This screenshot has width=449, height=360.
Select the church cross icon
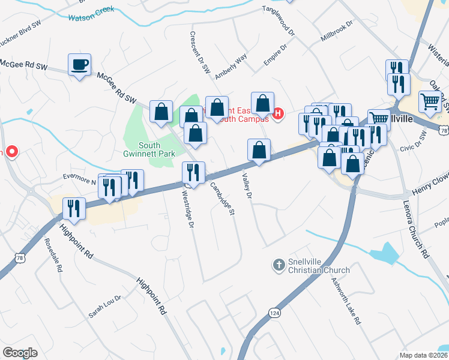coord(279,265)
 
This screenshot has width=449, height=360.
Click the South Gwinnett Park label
coord(157,149)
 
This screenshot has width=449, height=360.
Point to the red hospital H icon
coord(278,112)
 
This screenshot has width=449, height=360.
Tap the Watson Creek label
coord(91,17)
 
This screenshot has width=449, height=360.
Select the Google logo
coord(20,353)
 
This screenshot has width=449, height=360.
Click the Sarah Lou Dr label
coord(105,306)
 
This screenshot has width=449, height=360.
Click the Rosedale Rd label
coord(53,257)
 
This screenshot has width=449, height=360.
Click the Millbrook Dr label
coord(338,31)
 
